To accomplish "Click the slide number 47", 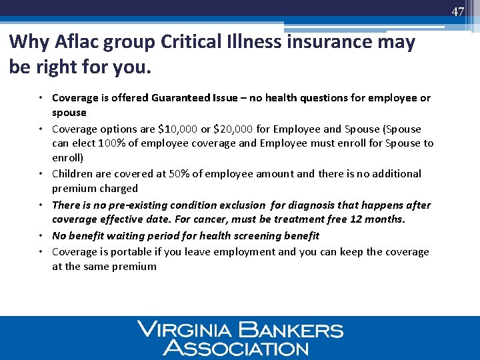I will [457, 12].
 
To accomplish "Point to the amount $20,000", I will [235, 129].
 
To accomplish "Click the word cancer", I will [229, 219].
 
